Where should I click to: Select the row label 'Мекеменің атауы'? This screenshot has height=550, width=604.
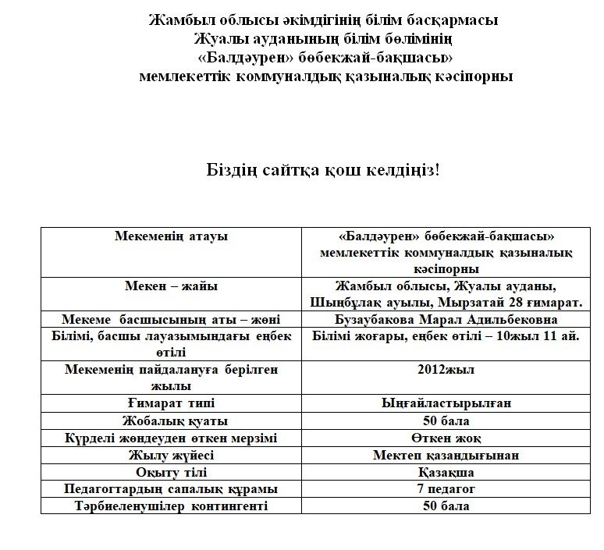pos(171,236)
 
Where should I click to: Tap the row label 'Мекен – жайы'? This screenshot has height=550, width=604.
pos(171,286)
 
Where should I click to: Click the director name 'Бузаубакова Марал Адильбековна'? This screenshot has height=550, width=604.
pos(446,320)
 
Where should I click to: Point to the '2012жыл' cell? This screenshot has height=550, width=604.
pos(446,370)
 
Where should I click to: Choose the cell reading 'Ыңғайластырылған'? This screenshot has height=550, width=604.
pos(446,403)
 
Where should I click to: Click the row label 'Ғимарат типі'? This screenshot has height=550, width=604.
pos(171,403)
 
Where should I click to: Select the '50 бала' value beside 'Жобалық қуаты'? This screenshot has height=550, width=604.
pos(446,420)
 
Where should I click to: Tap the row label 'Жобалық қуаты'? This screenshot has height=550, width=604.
pos(171,420)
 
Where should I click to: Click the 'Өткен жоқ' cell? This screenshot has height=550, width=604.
pos(446,438)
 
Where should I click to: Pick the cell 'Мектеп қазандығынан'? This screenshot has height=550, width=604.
pos(446,455)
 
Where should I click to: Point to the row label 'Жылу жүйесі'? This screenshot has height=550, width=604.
pos(171,455)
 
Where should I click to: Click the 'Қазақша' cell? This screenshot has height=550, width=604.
pos(446,472)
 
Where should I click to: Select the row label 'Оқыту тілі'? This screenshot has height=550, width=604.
pos(171,472)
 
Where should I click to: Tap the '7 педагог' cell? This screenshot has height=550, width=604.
pos(446,489)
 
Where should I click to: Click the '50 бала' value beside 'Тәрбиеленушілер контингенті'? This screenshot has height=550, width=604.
pos(446,506)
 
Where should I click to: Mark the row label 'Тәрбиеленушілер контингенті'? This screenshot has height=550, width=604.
pos(171,506)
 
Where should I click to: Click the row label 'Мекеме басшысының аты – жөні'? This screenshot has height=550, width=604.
pos(171,320)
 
